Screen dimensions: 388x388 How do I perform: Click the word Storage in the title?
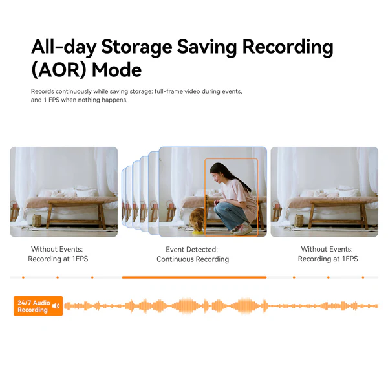[x=136, y=47]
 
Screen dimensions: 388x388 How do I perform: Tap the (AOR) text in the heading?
[x=59, y=70]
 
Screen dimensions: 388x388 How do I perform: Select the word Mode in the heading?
[x=117, y=70]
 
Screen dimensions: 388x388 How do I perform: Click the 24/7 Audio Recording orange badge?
[x=38, y=306]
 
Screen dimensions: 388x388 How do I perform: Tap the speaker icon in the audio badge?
[x=56, y=306]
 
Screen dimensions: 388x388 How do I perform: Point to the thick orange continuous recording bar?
[x=194, y=277]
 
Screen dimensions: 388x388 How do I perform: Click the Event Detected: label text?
[x=192, y=250]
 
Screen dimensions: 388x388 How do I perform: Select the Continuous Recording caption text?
[x=193, y=259]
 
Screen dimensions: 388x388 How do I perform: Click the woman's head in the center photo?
[x=217, y=173]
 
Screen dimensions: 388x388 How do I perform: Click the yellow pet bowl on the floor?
[x=198, y=232]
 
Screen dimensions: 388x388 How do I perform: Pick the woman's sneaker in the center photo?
[x=242, y=229]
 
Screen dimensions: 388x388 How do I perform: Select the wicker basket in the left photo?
[x=37, y=221]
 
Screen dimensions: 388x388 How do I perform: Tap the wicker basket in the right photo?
[x=299, y=221]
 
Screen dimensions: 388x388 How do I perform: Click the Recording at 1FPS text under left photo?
[x=58, y=259]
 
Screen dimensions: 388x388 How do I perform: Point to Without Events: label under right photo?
[x=327, y=249]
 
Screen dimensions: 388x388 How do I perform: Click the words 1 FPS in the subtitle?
[x=52, y=100]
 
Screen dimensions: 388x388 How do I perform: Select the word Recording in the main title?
[x=288, y=47]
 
